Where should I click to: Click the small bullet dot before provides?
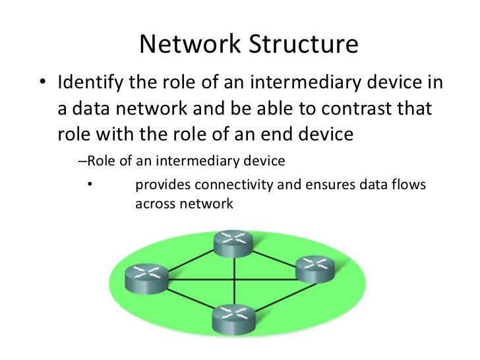point(89,185)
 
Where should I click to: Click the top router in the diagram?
point(232,245)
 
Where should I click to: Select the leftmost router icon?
point(144,277)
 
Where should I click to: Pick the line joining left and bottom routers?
point(187,299)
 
